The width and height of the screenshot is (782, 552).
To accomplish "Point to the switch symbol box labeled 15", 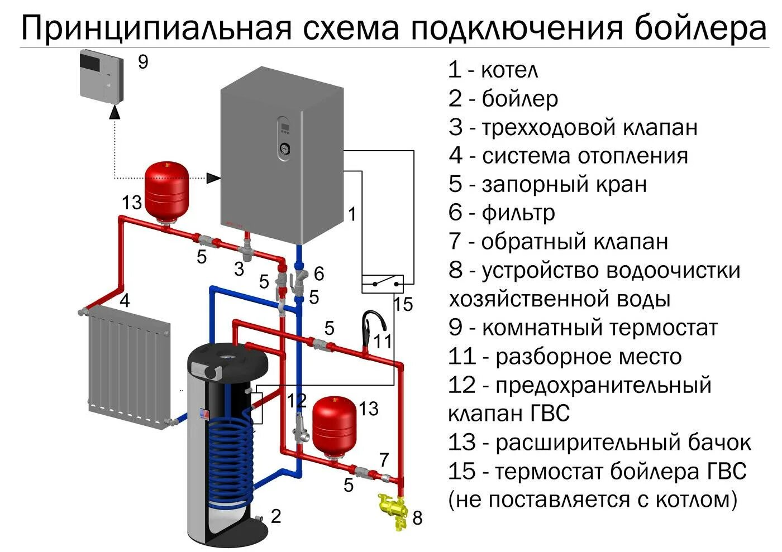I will pos(383,284).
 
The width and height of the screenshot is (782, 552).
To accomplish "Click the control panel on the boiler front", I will pos(285,137).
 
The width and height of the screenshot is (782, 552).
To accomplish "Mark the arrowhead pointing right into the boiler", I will pos(213,178).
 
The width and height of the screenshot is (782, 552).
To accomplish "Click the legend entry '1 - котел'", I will pos(493,70).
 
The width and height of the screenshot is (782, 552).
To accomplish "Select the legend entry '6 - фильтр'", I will pos(501,213).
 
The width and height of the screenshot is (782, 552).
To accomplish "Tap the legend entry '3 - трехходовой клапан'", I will pos(573,127).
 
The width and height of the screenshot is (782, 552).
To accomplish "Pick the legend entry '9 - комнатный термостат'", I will pos(583,327).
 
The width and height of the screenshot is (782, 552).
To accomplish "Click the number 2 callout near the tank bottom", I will pos(275,516).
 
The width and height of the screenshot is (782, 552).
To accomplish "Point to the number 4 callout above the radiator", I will pos(125,301).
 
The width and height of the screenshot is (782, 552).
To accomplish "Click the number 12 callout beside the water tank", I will pos(297,400).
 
